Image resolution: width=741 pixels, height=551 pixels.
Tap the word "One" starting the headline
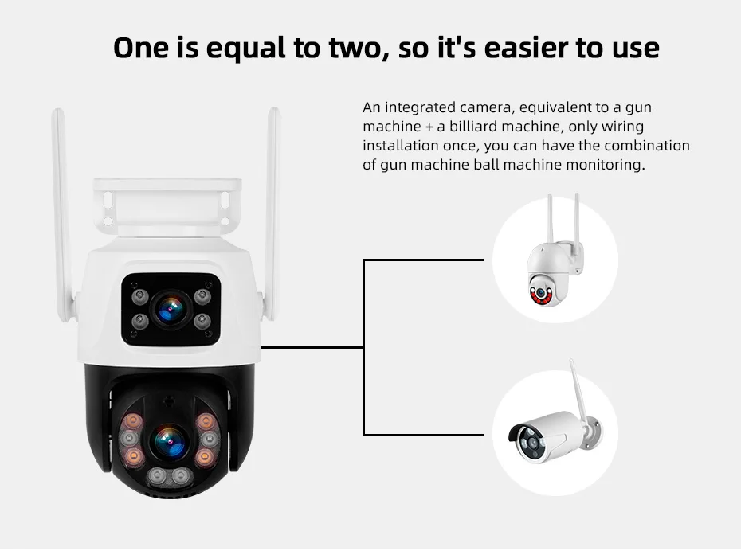pyautogui.click(x=141, y=48)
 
